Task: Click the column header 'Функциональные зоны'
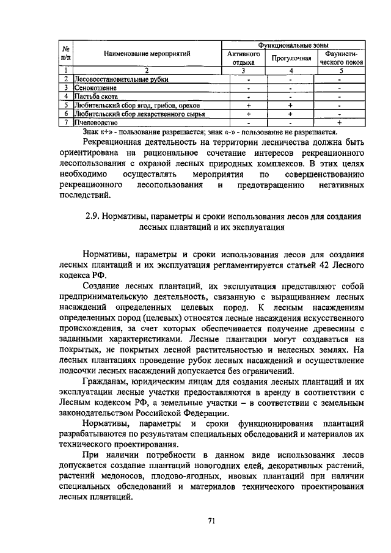click(x=293, y=45)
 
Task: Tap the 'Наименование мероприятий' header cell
click(x=147, y=54)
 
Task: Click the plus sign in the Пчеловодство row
click(x=339, y=122)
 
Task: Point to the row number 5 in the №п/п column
click(x=65, y=105)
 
